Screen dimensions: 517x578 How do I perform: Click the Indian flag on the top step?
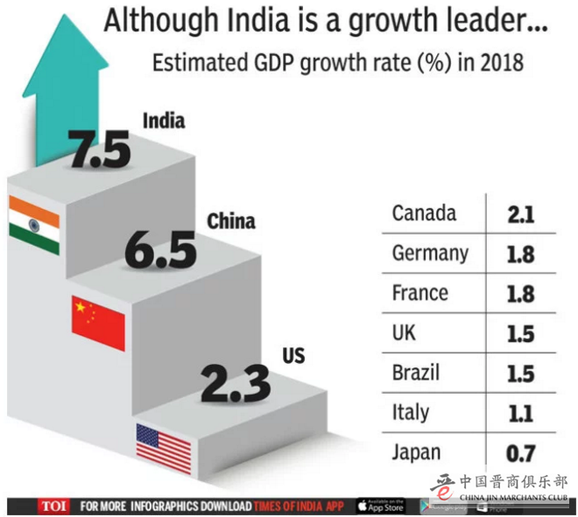click(34, 225)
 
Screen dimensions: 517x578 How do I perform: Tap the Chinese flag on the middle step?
click(98, 321)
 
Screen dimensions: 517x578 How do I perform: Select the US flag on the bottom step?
click(163, 448)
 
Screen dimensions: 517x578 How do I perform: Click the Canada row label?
click(424, 213)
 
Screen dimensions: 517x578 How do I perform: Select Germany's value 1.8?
click(520, 254)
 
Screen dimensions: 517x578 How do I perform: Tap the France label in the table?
click(420, 292)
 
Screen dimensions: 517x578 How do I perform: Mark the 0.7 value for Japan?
click(520, 453)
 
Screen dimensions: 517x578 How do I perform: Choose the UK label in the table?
click(405, 332)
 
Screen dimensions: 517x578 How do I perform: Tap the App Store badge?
click(380, 506)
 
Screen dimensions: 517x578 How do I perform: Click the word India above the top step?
click(163, 119)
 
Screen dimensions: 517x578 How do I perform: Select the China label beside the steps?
click(230, 220)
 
